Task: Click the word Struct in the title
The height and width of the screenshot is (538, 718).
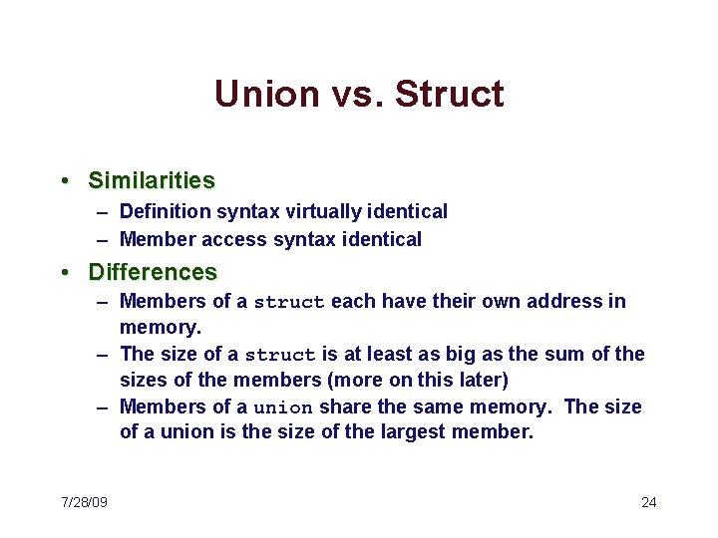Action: click(x=449, y=95)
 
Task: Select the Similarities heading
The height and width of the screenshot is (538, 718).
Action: click(x=152, y=180)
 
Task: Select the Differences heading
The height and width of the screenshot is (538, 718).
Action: click(x=153, y=272)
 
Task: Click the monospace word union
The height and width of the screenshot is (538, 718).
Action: click(x=283, y=407)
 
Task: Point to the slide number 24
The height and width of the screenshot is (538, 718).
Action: click(x=648, y=501)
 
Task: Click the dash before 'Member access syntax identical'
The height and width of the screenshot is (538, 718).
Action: click(x=104, y=239)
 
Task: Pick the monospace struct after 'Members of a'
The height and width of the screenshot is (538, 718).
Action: click(x=289, y=302)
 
